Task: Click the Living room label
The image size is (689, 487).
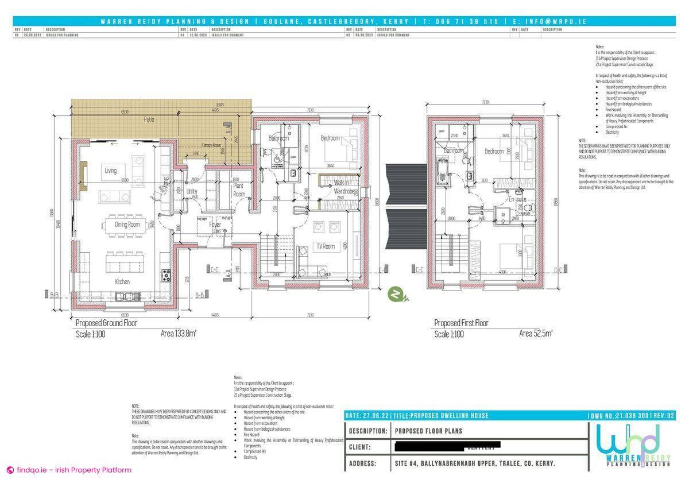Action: click(110, 171)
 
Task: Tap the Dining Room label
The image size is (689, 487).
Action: click(127, 225)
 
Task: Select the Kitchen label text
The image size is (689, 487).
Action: click(122, 281)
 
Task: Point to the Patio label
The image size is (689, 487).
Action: click(149, 120)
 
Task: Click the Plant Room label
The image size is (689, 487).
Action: click(239, 190)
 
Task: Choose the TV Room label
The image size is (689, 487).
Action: click(325, 246)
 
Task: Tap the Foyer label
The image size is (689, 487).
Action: click(215, 225)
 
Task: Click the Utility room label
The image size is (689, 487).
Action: click(192, 191)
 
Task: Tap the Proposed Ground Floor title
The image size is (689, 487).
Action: click(106, 323)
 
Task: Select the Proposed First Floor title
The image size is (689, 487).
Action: click(461, 323)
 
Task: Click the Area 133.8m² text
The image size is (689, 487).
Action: click(178, 334)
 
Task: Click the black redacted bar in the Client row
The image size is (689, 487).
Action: click(448, 445)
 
